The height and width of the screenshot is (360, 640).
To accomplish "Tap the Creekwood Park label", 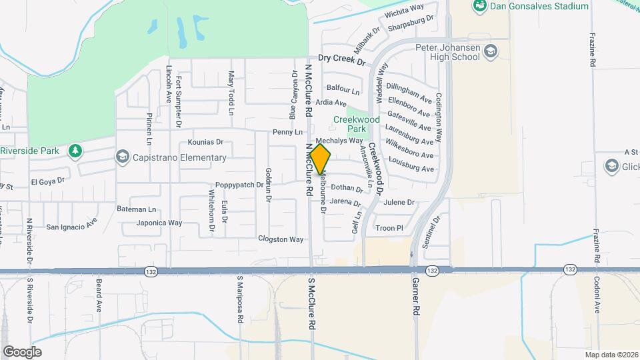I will [x=356, y=124].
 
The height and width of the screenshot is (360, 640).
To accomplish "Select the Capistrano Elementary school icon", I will [x=122, y=157].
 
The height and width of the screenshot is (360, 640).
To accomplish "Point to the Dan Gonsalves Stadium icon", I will [x=478, y=6].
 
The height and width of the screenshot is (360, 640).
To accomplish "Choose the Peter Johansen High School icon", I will [x=491, y=51].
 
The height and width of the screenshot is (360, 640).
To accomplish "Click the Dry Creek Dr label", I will [x=342, y=60].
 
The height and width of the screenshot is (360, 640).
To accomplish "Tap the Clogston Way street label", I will [x=281, y=239].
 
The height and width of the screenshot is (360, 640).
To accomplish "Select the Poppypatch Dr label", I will [x=239, y=185].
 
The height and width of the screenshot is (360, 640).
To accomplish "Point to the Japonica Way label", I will [x=159, y=223].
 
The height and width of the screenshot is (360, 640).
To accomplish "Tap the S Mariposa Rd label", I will [x=239, y=299].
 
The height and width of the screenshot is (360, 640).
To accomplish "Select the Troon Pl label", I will [x=390, y=228].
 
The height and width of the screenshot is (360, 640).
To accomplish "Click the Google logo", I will [x=22, y=352].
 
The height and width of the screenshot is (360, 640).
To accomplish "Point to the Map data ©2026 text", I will [x=611, y=355].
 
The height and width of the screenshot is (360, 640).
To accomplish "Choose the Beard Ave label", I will [x=99, y=297].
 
